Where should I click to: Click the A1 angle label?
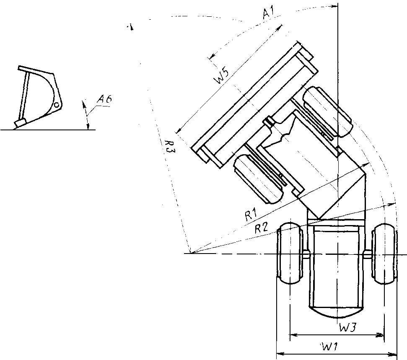tap(268, 13)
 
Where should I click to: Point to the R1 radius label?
tap(251, 215)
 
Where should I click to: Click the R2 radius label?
tap(261, 228)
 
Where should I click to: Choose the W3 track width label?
tap(348, 328)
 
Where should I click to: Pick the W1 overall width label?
tap(329, 347)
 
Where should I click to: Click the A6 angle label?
tap(105, 99)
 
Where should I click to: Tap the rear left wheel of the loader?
tap(290, 253)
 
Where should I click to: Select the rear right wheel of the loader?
tap(384, 253)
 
